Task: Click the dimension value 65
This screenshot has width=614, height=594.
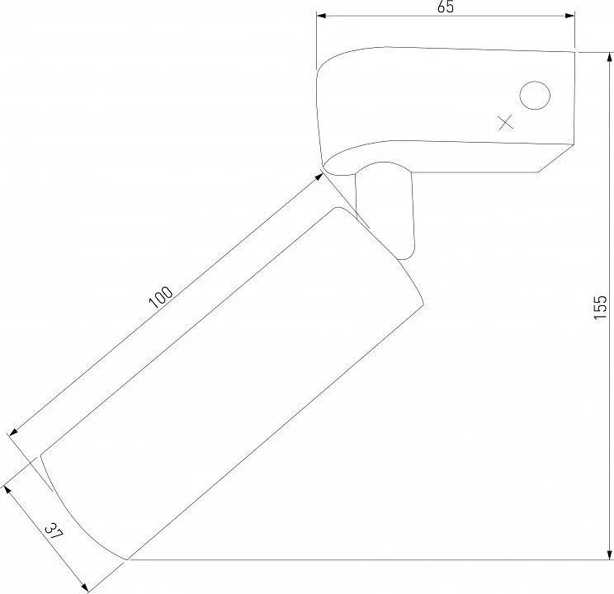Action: pyautogui.click(x=446, y=7)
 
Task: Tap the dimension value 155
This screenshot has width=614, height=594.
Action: pyautogui.click(x=600, y=308)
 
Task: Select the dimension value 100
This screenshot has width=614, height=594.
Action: pyautogui.click(x=161, y=297)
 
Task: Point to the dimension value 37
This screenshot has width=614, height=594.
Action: pyautogui.click(x=54, y=533)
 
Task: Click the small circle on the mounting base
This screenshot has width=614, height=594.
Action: pyautogui.click(x=535, y=96)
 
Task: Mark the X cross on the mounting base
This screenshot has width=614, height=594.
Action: pyautogui.click(x=506, y=122)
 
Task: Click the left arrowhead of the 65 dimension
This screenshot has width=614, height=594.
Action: pyautogui.click(x=321, y=16)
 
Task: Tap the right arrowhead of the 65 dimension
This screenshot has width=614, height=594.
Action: pyautogui.click(x=569, y=16)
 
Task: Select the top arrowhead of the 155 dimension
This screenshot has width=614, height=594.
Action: pyautogui.click(x=609, y=58)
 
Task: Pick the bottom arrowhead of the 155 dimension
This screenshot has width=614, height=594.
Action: pyautogui.click(x=609, y=554)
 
